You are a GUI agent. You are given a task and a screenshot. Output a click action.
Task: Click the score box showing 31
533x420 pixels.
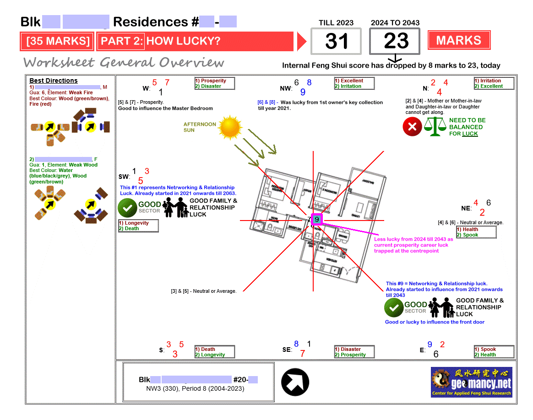pos(336,41)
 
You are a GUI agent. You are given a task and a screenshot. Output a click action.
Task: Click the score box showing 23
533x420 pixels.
pos(395,41)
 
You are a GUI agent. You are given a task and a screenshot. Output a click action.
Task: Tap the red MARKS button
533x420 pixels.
pos(459,40)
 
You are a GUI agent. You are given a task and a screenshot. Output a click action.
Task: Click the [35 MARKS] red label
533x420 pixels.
pos(57,41)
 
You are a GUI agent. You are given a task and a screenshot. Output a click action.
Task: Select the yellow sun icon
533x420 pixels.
pos(229,127)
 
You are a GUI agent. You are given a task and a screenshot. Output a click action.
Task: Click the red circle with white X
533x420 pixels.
pos(412,127)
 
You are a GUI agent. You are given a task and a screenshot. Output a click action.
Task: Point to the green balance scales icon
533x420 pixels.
pos(435,127)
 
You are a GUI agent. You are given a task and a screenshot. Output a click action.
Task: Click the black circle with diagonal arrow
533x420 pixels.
pos(295,382)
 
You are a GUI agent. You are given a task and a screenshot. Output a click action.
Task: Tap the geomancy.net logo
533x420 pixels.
pos(472,382)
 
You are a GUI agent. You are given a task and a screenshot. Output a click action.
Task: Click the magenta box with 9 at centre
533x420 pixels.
pos(317,220)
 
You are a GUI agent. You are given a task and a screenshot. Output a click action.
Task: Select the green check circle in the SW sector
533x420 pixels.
pos(128,207)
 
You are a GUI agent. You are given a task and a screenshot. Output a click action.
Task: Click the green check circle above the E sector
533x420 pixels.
pos(394,307)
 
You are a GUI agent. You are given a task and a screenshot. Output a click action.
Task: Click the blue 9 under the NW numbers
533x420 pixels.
pos(303,92)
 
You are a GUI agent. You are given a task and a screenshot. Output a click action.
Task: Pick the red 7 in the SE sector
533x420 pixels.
pos(302,354)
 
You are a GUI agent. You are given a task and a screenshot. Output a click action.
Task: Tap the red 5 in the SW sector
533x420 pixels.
pos(141,181)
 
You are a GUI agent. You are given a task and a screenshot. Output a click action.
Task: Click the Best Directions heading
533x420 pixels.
pos(54,81)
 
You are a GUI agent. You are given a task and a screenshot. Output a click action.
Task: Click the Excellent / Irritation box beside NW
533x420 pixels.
pos(354,83)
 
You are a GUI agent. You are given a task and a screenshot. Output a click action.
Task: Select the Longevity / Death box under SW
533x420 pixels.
pos(138,226)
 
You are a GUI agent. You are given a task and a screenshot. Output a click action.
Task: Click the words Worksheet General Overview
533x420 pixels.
pos(124,62)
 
